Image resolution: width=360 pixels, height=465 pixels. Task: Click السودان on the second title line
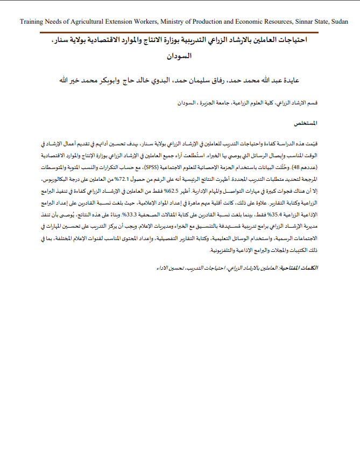(x=180, y=55)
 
